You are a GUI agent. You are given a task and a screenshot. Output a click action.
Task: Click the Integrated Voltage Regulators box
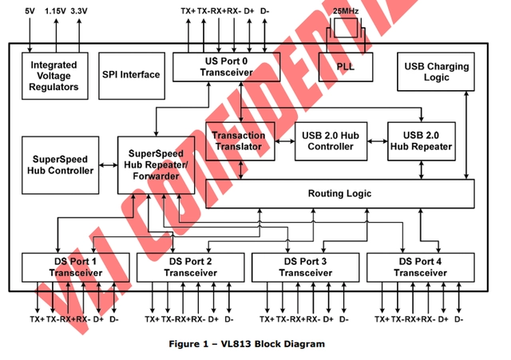54,76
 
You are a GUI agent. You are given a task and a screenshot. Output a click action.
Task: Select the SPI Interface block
131,74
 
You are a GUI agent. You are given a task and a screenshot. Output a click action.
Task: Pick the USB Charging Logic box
437,72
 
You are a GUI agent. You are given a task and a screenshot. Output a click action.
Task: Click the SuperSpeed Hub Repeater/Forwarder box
156,164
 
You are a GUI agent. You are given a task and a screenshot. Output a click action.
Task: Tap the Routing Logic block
339,193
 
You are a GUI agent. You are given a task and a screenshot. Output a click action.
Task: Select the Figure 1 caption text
246,344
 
